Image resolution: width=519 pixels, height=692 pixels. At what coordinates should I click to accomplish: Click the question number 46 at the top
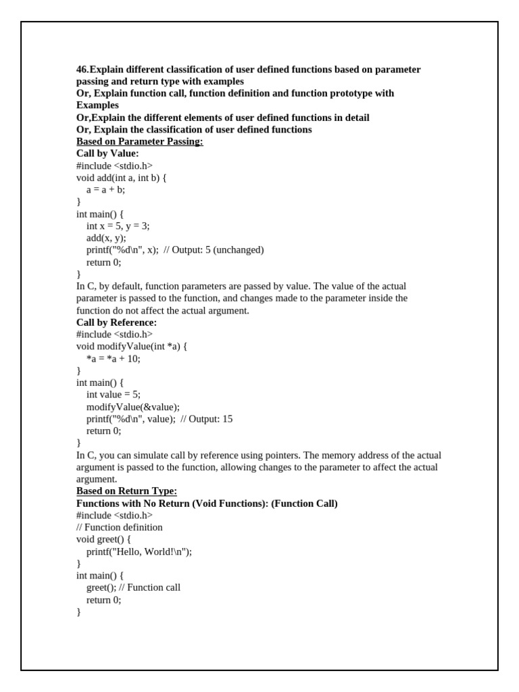pyautogui.click(x=82, y=70)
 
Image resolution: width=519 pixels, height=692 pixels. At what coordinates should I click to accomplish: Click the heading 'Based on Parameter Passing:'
pyautogui.click(x=139, y=141)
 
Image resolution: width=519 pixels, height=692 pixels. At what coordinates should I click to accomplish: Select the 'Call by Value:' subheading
pyautogui.click(x=107, y=153)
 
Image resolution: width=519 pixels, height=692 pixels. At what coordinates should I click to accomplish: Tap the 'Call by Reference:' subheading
pyautogui.click(x=116, y=322)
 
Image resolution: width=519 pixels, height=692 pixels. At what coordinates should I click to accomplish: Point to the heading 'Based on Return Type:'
pyautogui.click(x=126, y=491)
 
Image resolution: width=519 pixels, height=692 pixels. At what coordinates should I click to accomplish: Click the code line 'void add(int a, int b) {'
pyautogui.click(x=121, y=178)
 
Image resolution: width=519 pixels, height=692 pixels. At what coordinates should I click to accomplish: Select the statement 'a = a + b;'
pyautogui.click(x=105, y=190)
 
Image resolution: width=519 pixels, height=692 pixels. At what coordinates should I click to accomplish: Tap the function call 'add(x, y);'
pyautogui.click(x=106, y=238)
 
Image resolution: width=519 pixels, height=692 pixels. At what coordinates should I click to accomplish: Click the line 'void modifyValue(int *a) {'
pyautogui.click(x=131, y=347)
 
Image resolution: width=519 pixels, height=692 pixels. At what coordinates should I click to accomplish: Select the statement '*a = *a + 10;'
pyautogui.click(x=113, y=359)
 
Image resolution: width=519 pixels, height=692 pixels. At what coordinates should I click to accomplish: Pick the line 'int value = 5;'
pyautogui.click(x=113, y=395)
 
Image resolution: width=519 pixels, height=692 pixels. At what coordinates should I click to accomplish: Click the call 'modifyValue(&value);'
pyautogui.click(x=133, y=407)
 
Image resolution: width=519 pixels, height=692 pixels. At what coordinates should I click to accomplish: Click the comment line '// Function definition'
pyautogui.click(x=120, y=527)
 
